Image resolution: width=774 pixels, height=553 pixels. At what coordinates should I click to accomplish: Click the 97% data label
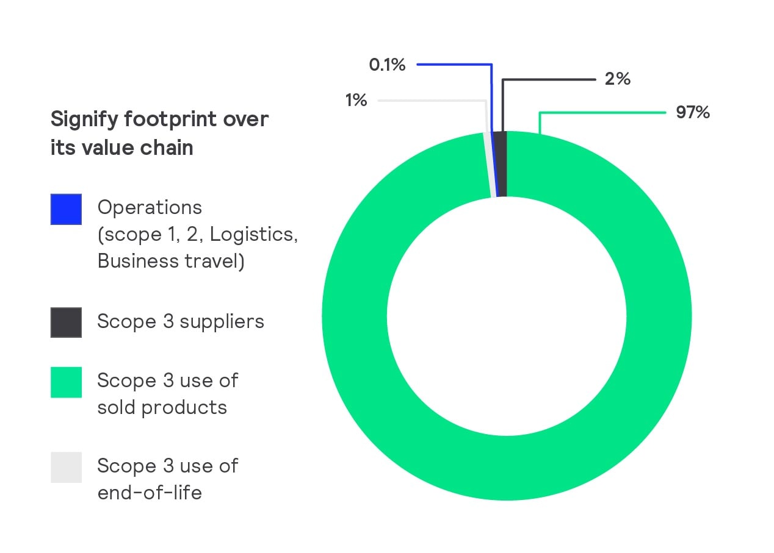692,113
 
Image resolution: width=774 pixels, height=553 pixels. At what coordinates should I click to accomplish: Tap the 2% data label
617,79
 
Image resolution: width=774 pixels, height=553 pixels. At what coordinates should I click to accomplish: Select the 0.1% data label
387,65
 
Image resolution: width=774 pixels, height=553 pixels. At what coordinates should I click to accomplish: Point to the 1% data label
356,100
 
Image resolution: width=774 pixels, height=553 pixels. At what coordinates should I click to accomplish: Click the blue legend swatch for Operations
66,209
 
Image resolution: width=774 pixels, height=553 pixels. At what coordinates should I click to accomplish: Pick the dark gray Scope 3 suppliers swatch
66,322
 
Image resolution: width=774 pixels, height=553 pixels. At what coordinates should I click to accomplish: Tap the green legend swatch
66,382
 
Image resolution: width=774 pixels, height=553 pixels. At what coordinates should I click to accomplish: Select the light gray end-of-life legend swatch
66,467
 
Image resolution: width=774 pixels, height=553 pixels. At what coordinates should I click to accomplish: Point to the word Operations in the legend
150,207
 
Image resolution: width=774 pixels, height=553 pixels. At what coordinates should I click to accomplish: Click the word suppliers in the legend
223,321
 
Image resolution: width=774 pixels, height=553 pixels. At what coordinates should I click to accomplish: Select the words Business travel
170,261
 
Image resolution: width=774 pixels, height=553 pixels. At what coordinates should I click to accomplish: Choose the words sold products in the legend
162,407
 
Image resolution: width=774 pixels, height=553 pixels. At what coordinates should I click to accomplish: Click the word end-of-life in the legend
150,493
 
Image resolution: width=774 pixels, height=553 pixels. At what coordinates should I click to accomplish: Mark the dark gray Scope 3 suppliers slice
500,163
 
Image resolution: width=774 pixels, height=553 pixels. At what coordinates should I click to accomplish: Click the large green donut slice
659,317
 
